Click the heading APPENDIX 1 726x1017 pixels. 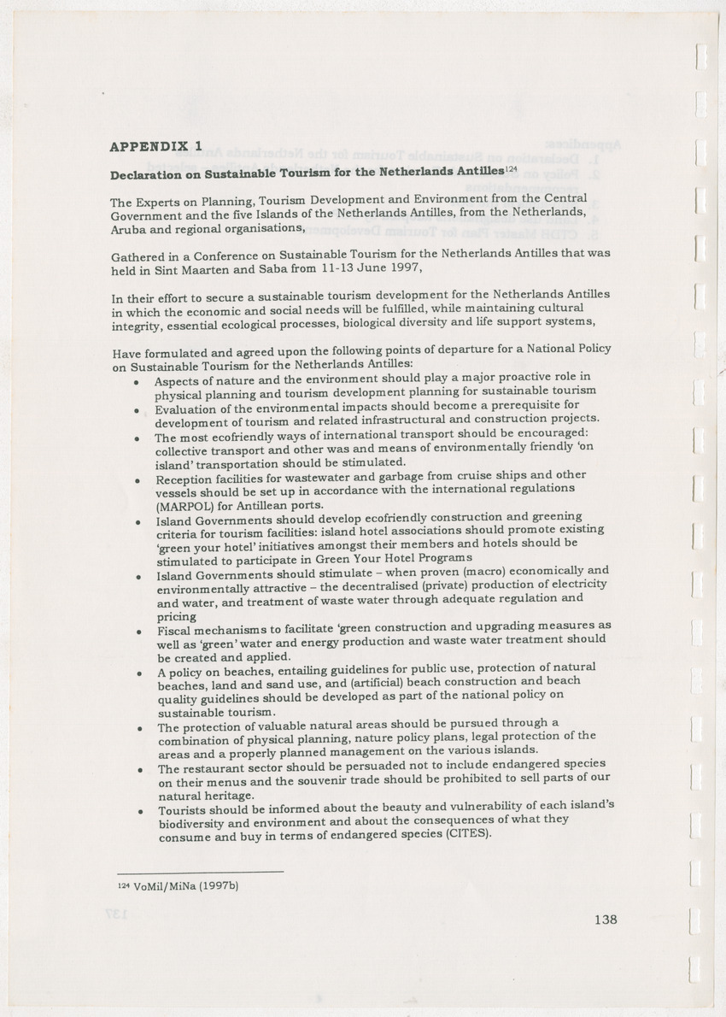coord(156,146)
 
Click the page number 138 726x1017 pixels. coord(605,920)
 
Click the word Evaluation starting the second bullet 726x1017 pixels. coord(184,409)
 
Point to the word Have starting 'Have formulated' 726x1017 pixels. coord(126,353)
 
